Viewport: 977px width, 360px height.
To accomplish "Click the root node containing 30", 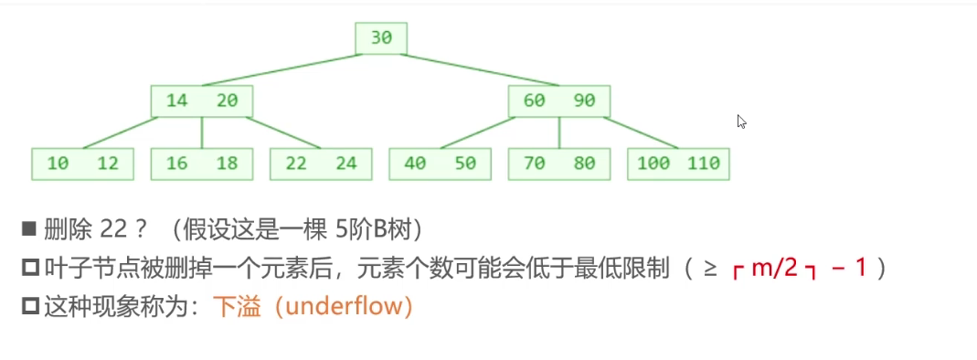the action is [x=381, y=38].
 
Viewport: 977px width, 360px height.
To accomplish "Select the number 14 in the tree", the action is [x=177, y=101].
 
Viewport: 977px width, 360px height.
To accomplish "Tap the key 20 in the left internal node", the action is [x=228, y=101].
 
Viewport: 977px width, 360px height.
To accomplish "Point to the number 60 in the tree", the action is [x=534, y=101].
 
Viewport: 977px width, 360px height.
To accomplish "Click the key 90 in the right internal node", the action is [x=584, y=101].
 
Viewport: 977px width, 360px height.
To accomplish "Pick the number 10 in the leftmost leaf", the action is [x=58, y=164].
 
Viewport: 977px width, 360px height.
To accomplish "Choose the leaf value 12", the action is [x=108, y=164].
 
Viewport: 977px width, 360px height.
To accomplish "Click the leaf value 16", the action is [x=177, y=164].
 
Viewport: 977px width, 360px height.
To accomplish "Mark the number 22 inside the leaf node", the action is [x=297, y=164].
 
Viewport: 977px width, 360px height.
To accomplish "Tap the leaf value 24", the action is [x=346, y=164].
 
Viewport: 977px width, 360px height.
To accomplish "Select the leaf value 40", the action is [x=415, y=164].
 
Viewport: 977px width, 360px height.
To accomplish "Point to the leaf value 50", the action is [x=465, y=164].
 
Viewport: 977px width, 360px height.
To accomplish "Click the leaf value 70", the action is [x=534, y=164].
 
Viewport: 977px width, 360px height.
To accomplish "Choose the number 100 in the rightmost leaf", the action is [x=653, y=164].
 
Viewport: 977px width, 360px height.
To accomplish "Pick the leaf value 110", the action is [x=704, y=164].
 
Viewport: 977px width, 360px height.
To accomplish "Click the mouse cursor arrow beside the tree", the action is [x=741, y=122].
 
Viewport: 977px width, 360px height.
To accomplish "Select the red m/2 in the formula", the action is [x=774, y=269].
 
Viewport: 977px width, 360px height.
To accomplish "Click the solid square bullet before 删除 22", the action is [x=29, y=230].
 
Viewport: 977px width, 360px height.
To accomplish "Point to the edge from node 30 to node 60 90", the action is [x=480, y=69].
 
